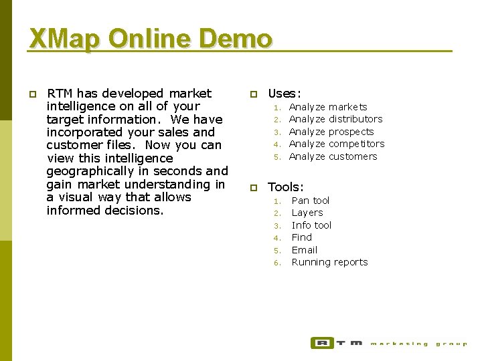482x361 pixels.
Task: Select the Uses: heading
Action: (285, 94)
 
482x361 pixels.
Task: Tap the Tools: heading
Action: (286, 188)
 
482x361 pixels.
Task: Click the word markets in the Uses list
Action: (348, 107)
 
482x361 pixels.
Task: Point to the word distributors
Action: (355, 119)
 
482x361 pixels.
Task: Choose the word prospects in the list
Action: (351, 132)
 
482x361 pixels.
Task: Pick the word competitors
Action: (357, 144)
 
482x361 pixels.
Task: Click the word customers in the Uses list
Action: (353, 156)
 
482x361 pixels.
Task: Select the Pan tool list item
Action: (311, 201)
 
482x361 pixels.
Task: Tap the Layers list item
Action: (307, 213)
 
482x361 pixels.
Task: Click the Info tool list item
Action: (311, 225)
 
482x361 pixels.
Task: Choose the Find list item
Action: (302, 237)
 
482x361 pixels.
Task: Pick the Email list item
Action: (305, 250)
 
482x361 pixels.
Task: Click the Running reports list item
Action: (329, 262)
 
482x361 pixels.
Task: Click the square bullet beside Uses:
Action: (253, 95)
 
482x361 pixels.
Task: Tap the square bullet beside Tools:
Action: (253, 189)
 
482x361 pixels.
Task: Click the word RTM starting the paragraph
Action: (60, 94)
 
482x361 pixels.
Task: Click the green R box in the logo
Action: (322, 343)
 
